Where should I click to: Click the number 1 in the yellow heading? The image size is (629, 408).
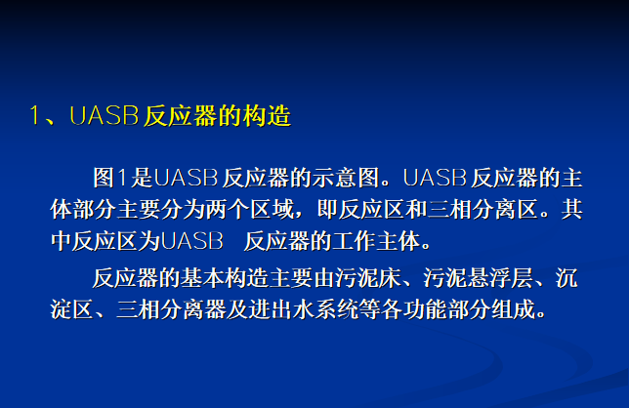click(35, 116)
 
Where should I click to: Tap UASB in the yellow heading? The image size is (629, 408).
click(105, 116)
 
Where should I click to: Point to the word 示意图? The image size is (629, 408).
click(346, 178)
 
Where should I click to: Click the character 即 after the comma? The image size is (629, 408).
click(327, 209)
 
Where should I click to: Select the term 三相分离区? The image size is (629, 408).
click(482, 209)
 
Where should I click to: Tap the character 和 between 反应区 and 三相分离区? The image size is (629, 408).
click(416, 209)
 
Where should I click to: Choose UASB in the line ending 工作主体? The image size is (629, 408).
click(191, 241)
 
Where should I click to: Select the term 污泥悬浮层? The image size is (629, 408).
click(479, 278)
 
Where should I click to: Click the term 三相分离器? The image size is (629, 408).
click(171, 309)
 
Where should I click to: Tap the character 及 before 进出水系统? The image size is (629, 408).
click(236, 309)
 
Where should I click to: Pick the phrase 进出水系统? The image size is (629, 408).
click(303, 309)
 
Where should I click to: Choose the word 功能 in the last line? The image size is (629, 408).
click(425, 309)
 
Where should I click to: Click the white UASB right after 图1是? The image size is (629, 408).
click(186, 178)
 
